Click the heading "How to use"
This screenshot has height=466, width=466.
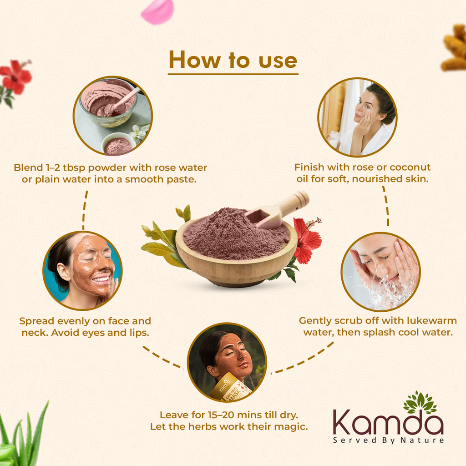233,60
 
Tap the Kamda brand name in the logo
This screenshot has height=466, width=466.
388,423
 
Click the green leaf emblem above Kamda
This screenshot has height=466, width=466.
420,402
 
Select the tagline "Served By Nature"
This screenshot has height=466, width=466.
388,440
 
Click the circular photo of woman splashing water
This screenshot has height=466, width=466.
380,272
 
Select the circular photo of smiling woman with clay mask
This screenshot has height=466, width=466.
82,270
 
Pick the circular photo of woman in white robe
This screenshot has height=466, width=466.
357,117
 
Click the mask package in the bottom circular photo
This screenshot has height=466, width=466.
230,388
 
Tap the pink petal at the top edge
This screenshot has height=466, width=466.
157,11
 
